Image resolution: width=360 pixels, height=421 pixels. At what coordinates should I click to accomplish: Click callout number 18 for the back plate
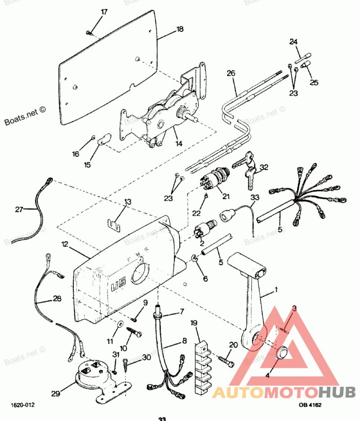180,29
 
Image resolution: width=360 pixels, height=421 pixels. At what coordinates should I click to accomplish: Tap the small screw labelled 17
89,32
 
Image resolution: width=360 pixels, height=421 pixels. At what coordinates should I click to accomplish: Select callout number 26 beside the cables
231,73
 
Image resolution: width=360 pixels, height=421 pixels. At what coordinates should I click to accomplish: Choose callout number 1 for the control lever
276,290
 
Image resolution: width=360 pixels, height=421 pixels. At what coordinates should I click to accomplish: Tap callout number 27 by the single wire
18,209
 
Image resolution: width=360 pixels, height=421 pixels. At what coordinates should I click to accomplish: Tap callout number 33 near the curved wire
255,197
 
